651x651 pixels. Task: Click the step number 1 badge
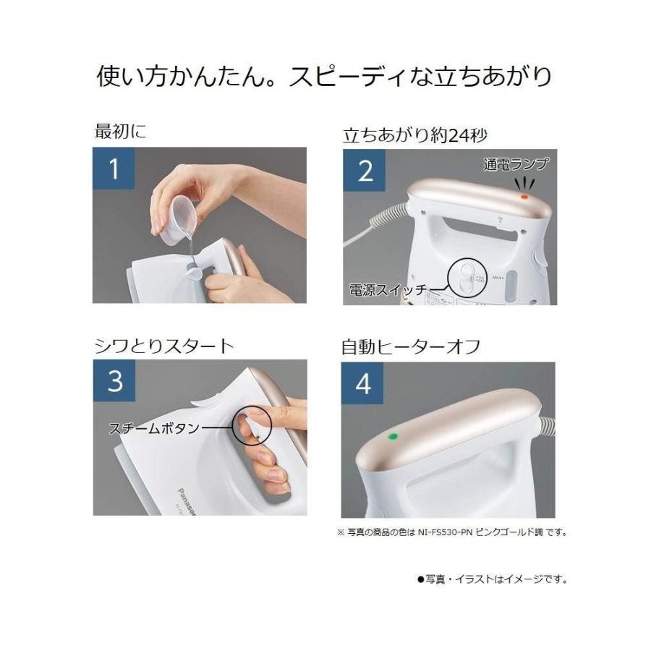pyautogui.click(x=114, y=168)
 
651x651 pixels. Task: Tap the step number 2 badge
pyautogui.click(x=364, y=170)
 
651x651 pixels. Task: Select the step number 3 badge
pyautogui.click(x=114, y=380)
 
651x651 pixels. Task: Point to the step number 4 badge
pyautogui.click(x=362, y=383)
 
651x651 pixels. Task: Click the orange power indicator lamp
pyautogui.click(x=524, y=197)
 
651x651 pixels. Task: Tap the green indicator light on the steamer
pyautogui.click(x=392, y=437)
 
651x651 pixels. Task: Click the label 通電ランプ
pyautogui.click(x=516, y=164)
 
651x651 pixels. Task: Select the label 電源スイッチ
pyautogui.click(x=388, y=289)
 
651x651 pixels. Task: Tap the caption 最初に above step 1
pyautogui.click(x=120, y=131)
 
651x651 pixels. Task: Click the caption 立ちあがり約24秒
pyautogui.click(x=414, y=135)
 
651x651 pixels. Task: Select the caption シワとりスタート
pyautogui.click(x=164, y=346)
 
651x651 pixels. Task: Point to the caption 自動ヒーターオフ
pyautogui.click(x=411, y=347)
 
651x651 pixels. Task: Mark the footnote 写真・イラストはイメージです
pyautogui.click(x=492, y=579)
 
